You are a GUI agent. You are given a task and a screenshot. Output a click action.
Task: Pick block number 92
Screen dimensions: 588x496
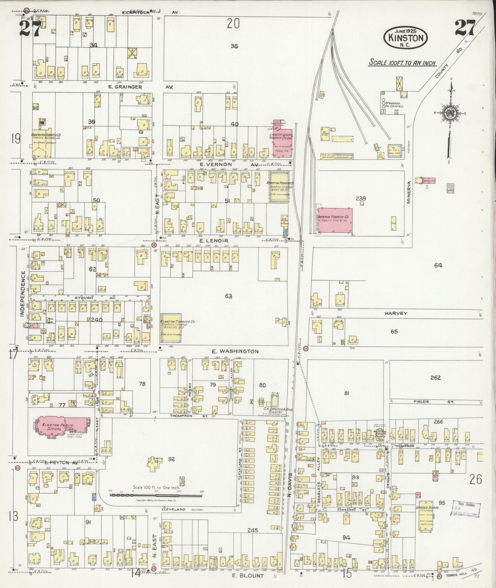[171, 459]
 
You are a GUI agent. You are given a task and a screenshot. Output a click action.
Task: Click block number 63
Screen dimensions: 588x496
[228, 296]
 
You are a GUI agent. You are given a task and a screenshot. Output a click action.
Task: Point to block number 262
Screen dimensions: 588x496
[435, 378]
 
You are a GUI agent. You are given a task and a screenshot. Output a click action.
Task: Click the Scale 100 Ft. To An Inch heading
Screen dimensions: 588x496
[403, 63]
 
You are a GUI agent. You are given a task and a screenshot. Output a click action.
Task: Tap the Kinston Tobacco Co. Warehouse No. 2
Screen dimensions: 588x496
[171, 328]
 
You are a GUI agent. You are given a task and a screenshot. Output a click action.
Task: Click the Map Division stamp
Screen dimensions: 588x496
[466, 510]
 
